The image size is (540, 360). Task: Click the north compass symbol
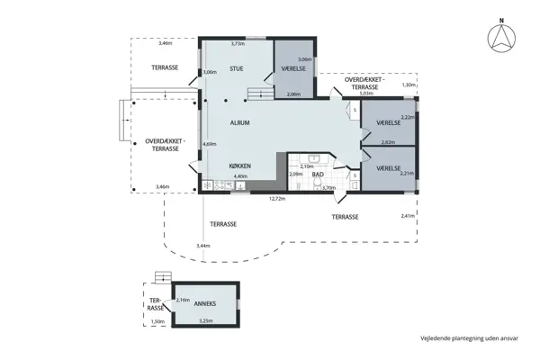point(501,36)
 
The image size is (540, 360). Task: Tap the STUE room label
point(236,68)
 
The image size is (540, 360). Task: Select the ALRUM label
point(239,122)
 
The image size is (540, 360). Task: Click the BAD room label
point(318,174)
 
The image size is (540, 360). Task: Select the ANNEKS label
point(206,303)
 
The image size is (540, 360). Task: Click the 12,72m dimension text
point(278,199)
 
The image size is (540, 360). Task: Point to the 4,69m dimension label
point(210,144)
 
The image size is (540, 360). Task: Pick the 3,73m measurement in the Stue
point(238,43)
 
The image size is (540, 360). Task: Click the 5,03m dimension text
point(365,93)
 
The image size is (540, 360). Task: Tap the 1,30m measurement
point(409,85)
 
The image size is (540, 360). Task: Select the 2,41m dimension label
point(407,216)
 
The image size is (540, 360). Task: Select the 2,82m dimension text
point(388,142)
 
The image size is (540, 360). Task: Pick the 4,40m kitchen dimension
point(240,176)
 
